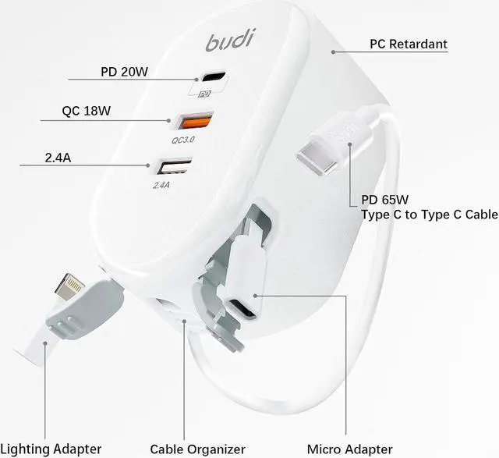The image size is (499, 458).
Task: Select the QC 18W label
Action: (x=87, y=111)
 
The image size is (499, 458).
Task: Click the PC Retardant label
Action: (x=409, y=44)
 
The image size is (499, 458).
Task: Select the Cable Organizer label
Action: (x=198, y=449)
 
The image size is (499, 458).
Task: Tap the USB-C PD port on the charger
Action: (x=211, y=79)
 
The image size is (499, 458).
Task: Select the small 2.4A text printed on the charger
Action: (x=162, y=186)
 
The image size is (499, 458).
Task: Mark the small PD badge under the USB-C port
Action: (x=205, y=94)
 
